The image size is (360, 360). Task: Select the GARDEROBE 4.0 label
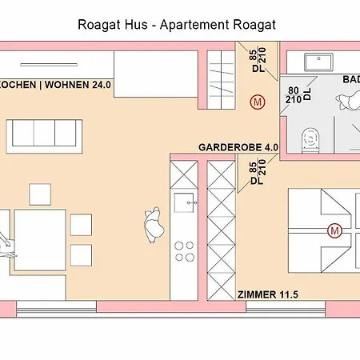point(238,148)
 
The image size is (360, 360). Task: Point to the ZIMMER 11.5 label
point(268,295)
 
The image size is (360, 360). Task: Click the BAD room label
point(350,80)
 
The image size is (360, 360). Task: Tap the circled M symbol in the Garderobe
point(257,102)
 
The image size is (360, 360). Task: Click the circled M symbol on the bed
point(334,230)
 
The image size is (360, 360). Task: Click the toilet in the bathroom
point(310,141)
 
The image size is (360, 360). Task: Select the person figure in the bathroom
point(350,100)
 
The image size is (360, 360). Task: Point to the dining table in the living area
point(37,232)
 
